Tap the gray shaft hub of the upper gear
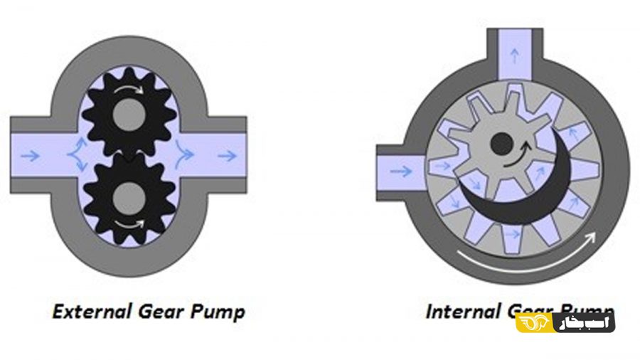tap(129, 114)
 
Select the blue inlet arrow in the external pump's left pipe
tap(31, 156)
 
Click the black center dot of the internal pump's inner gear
tap(501, 144)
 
